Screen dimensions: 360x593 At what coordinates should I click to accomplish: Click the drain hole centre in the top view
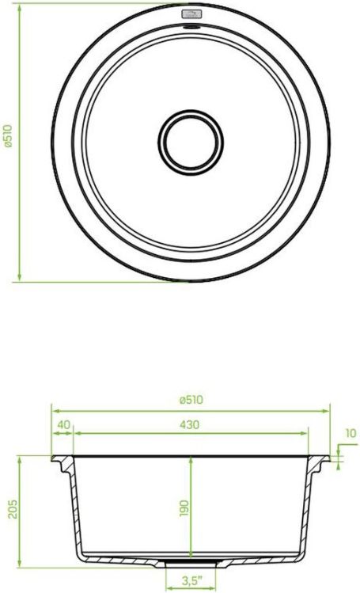tap(191, 142)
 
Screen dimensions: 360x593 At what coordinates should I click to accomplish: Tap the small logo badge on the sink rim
tap(192, 15)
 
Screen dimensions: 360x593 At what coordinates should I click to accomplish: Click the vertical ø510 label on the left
tap(8, 136)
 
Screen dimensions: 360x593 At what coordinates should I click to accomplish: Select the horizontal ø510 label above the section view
tap(191, 400)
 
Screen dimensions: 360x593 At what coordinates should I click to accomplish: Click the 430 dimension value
tap(190, 424)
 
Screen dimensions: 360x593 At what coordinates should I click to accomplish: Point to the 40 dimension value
tap(63, 424)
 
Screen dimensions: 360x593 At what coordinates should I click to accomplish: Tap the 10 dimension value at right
tap(351, 433)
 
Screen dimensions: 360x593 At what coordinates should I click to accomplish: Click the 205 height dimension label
tap(13, 509)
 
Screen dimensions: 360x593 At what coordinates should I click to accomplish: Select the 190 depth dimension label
tap(184, 508)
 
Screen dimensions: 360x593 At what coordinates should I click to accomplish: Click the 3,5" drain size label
tap(192, 581)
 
